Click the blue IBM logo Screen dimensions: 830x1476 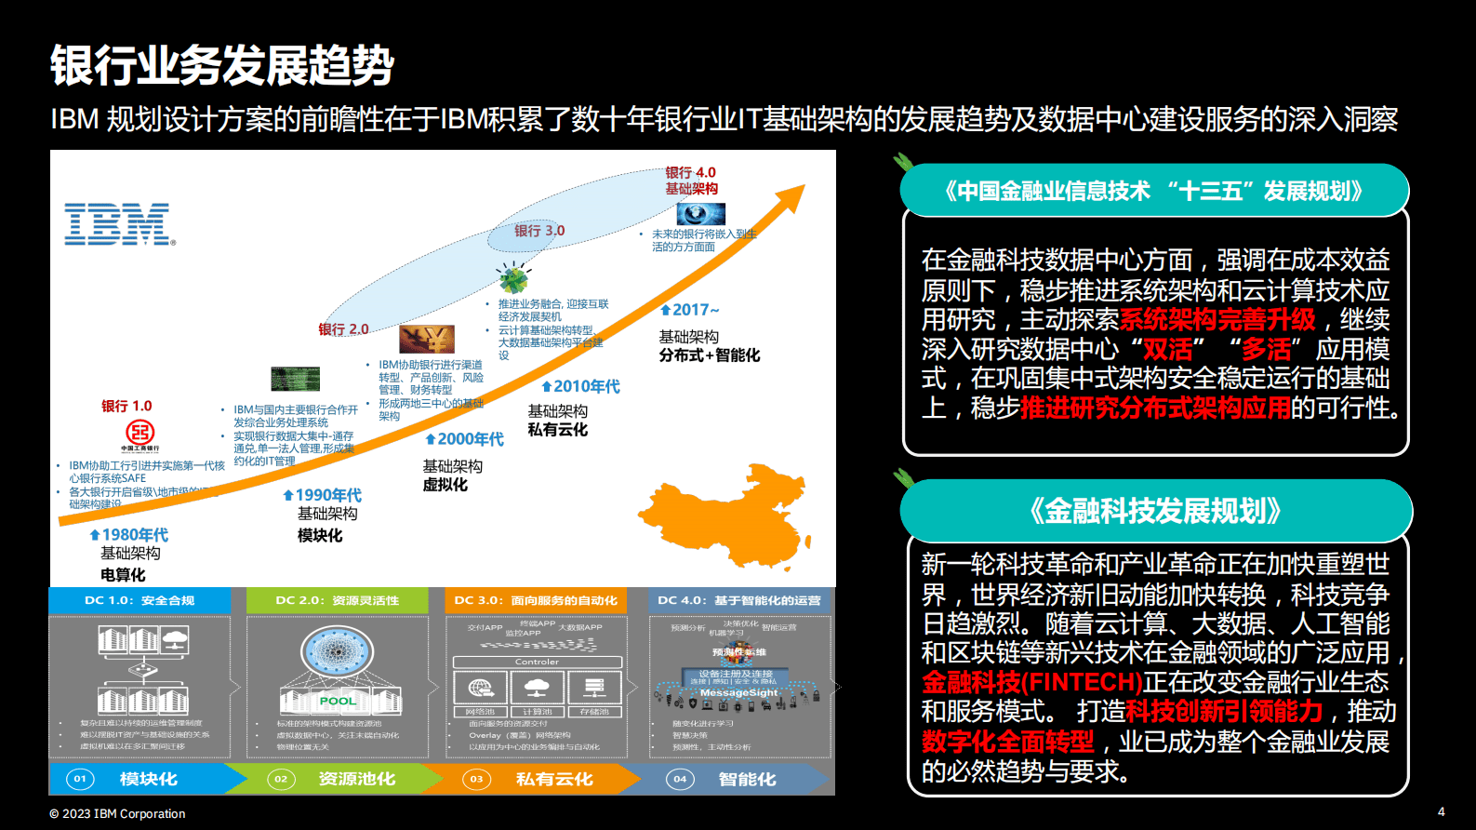118,224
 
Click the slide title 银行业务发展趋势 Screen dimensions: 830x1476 222,66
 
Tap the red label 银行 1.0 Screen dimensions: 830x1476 126,406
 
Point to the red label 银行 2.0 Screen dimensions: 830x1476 343,329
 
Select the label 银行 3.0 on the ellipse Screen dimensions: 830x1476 539,231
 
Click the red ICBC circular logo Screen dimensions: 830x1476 140,432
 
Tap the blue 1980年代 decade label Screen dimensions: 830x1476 129,535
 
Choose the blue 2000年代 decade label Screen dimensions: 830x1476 465,439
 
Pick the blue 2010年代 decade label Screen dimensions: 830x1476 581,386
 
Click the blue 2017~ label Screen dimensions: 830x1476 690,310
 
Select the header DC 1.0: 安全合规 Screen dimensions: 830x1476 140,600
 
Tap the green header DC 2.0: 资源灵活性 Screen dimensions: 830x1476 338,600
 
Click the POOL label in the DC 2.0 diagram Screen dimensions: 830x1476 337,701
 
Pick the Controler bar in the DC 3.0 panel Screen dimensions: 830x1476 537,662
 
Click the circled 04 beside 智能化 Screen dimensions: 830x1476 680,779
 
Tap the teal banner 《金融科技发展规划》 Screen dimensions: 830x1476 1155,511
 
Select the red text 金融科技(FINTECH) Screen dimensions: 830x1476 1031,682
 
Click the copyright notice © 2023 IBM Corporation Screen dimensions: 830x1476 118,813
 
